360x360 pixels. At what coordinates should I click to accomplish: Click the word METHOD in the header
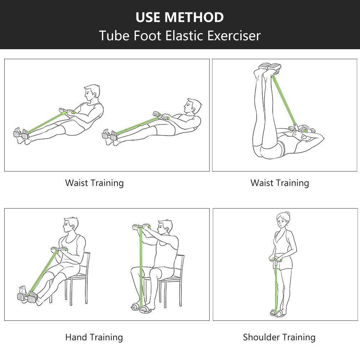tap(194, 17)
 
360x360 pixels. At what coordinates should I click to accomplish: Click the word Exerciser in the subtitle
tap(234, 36)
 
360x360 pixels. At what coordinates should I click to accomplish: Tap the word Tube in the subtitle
tap(114, 36)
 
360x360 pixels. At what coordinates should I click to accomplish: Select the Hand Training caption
tap(94, 337)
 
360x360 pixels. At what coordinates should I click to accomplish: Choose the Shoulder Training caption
tap(279, 337)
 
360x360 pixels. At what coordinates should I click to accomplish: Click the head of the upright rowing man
tap(92, 94)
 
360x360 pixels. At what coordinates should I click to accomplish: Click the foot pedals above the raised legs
tap(270, 67)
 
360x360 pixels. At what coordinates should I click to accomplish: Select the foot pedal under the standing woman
tap(276, 313)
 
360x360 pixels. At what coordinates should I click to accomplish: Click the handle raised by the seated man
tap(142, 227)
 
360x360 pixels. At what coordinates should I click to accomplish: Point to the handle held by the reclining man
tap(161, 115)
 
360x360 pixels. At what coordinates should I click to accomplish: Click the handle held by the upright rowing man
tap(67, 111)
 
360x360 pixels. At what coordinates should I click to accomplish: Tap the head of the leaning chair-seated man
tap(71, 226)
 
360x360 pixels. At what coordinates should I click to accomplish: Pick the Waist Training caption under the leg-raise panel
tap(280, 183)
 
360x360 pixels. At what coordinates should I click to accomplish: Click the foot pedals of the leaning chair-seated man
tap(27, 297)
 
